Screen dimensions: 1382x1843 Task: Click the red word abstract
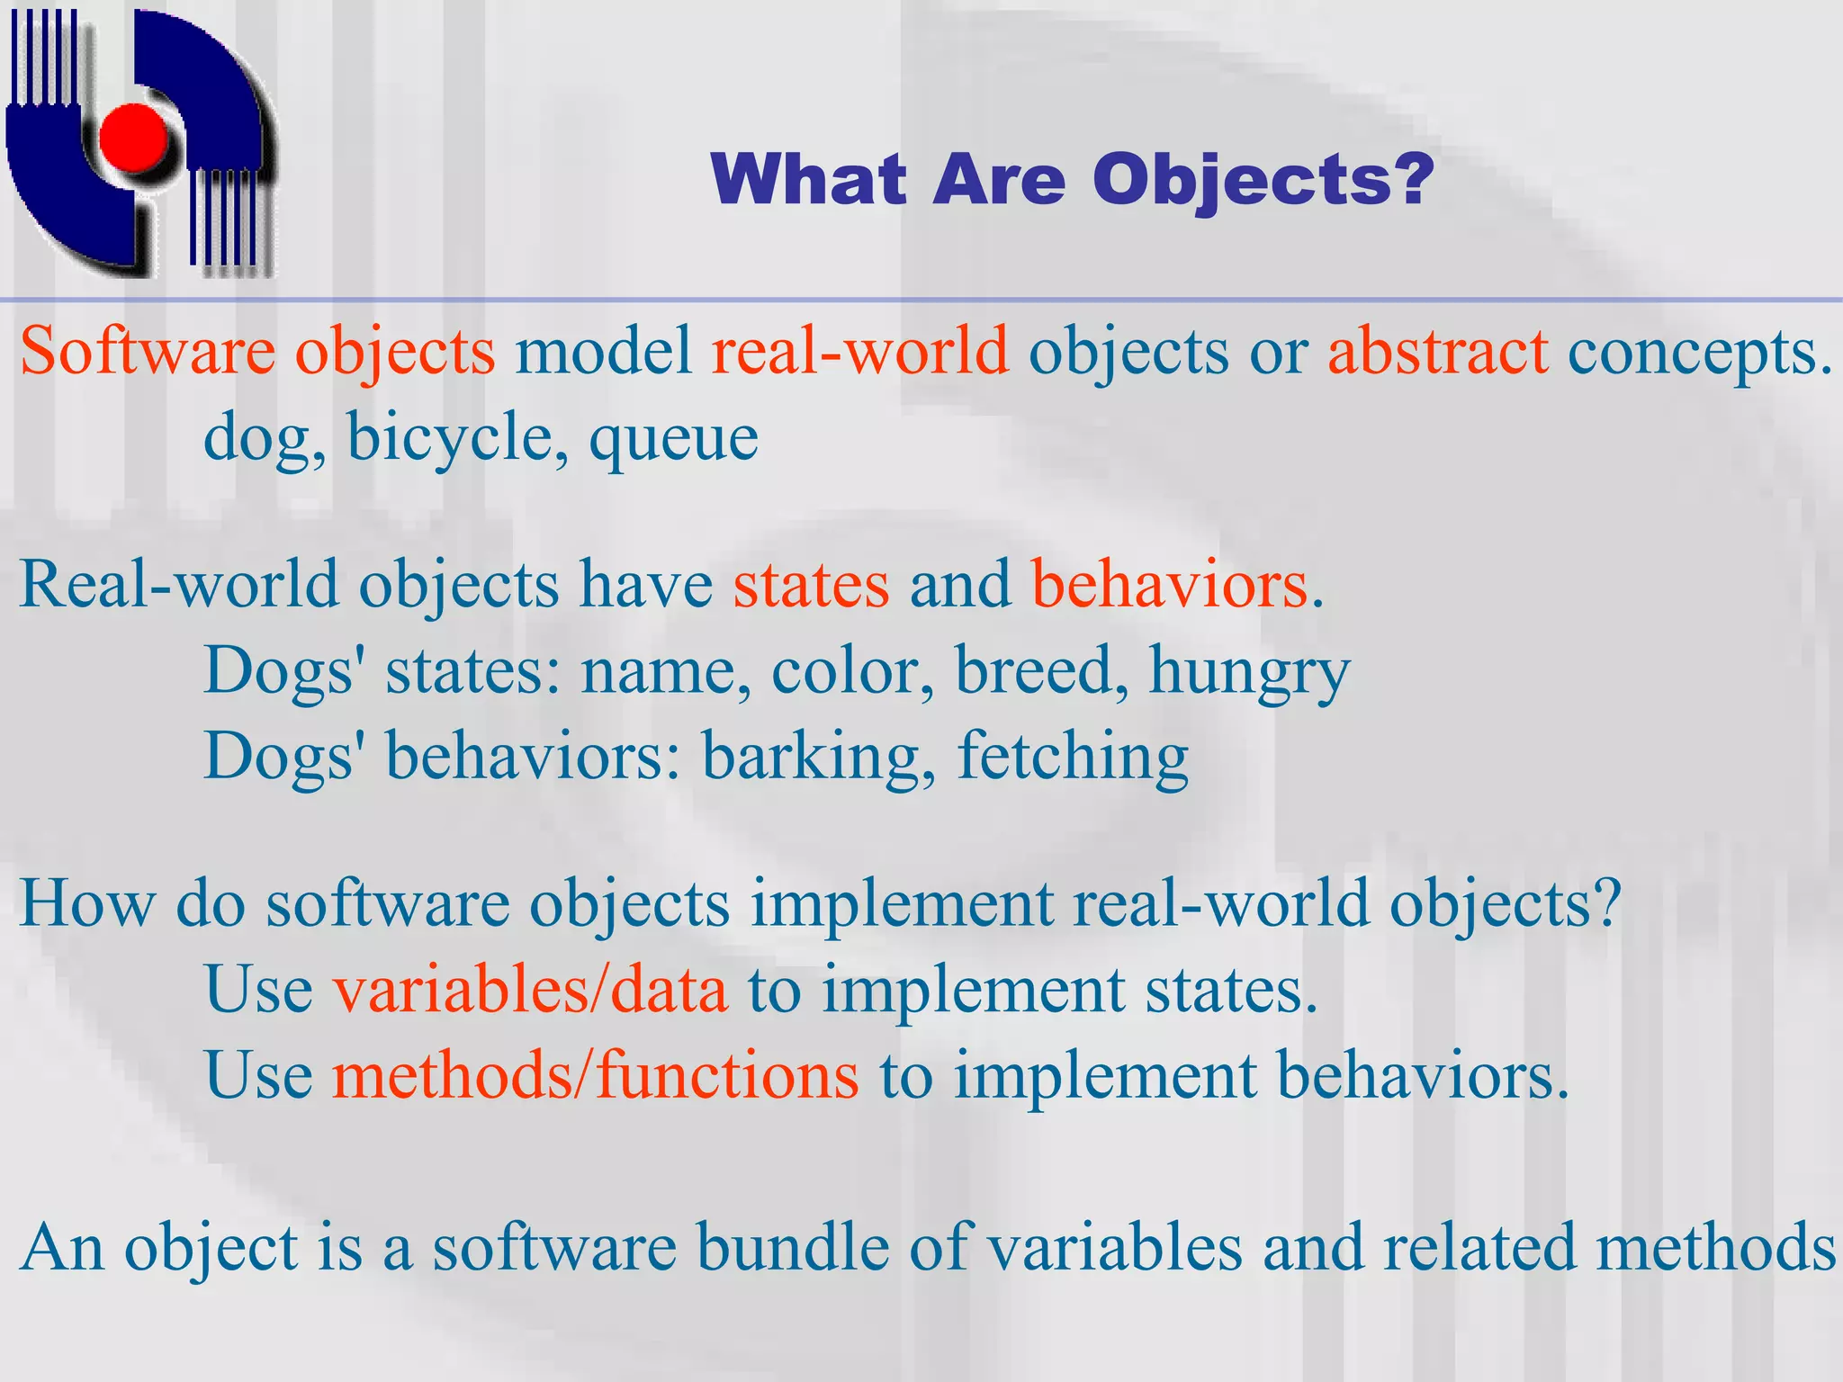[x=1437, y=351]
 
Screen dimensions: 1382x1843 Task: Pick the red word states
[x=811, y=585]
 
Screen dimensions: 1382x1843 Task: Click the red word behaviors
[x=1169, y=585]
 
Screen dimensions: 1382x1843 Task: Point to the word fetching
[x=1073, y=758]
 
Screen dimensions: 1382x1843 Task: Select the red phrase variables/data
[x=530, y=990]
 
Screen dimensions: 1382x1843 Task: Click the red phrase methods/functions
[x=595, y=1075]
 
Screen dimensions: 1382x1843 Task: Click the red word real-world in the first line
[x=859, y=351]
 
